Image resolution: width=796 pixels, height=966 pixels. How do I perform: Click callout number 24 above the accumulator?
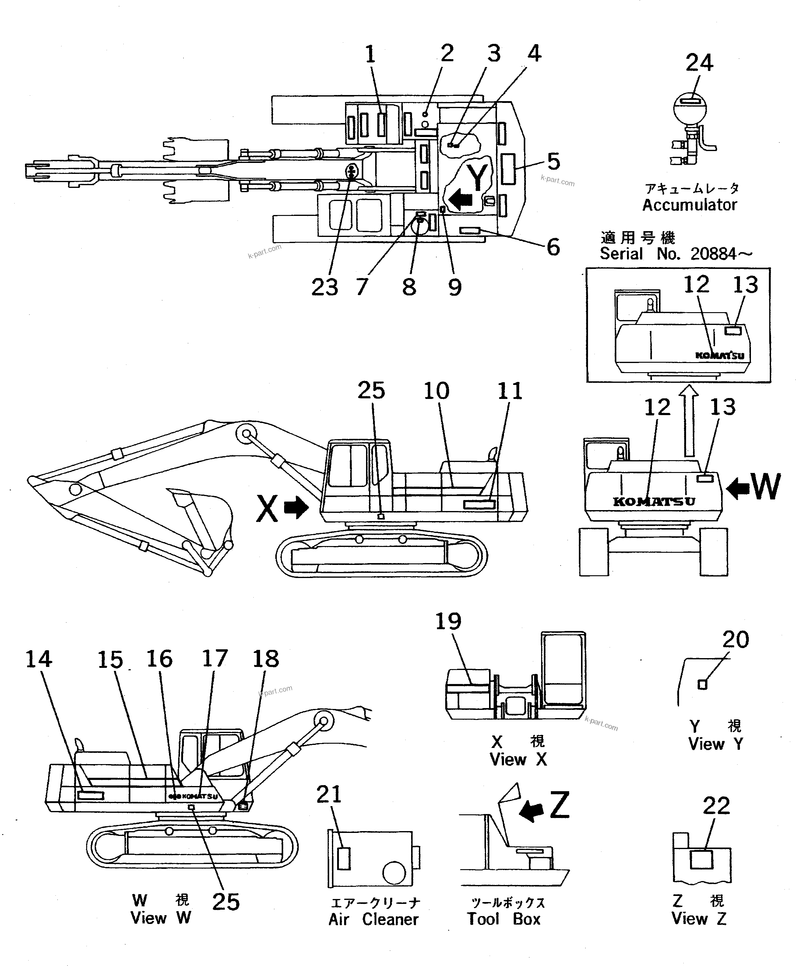(x=699, y=63)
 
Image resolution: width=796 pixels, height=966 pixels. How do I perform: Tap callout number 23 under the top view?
(x=325, y=287)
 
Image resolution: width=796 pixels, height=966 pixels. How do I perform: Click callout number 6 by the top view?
(x=553, y=247)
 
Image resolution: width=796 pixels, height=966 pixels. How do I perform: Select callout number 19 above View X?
(x=448, y=622)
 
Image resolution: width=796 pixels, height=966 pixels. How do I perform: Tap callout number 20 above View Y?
(x=735, y=640)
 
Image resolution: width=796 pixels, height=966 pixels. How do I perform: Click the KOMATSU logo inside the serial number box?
(x=720, y=355)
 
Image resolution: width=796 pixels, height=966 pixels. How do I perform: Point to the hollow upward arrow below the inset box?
(x=689, y=421)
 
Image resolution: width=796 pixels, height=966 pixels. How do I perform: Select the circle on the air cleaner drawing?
(x=394, y=873)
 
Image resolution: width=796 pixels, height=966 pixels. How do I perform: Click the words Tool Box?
(x=503, y=919)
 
